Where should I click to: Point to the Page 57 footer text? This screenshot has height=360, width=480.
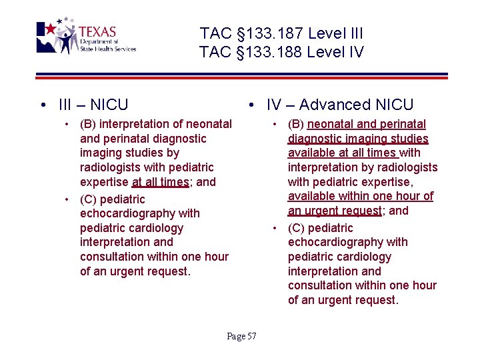(x=241, y=336)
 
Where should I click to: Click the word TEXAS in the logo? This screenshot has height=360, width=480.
(x=97, y=32)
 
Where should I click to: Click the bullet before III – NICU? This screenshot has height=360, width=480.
(x=42, y=105)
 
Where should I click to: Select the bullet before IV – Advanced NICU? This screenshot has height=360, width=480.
(x=250, y=105)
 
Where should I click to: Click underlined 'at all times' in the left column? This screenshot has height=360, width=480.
(x=160, y=182)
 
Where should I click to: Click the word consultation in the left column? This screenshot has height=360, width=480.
(x=115, y=257)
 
